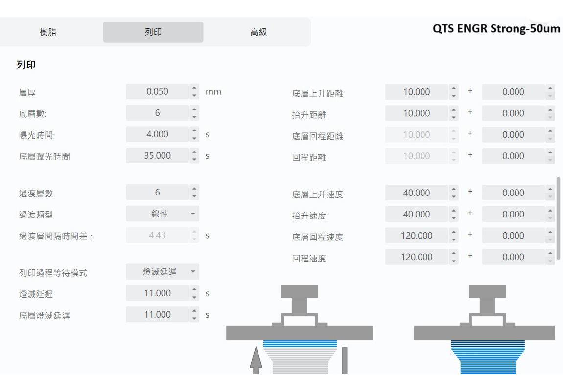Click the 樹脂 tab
click(x=47, y=33)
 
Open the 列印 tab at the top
click(x=153, y=33)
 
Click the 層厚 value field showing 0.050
click(x=157, y=92)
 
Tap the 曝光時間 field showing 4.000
click(x=157, y=134)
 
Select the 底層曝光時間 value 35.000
click(x=157, y=156)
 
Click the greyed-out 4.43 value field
click(x=157, y=236)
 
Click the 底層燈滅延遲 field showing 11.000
click(x=157, y=315)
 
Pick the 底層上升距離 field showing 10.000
click(x=416, y=92)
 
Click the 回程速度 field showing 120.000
click(x=416, y=257)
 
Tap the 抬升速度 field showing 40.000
click(x=416, y=214)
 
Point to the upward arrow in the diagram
click(x=256, y=360)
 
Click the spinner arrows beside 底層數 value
click(x=194, y=113)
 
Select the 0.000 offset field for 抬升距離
click(x=513, y=113)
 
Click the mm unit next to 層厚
click(x=213, y=92)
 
